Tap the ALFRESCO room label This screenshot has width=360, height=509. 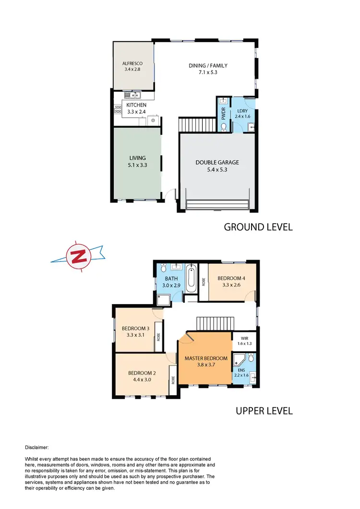(131, 66)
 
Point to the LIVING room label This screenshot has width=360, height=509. (137, 161)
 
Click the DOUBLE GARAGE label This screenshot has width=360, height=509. (217, 166)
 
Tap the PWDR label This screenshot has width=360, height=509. (224, 113)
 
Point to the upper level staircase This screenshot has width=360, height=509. (215, 323)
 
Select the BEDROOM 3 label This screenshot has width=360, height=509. (135, 331)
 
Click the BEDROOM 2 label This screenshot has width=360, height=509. (142, 376)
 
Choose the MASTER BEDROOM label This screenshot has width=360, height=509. (206, 362)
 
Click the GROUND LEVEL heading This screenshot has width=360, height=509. (258, 227)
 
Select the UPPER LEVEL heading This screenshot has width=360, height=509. (264, 411)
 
